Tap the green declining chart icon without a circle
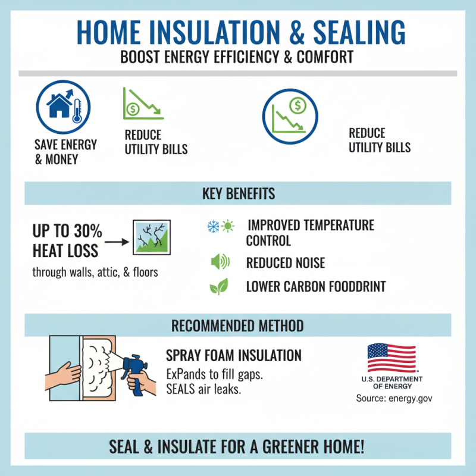(x=143, y=104)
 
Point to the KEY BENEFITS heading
(x=238, y=194)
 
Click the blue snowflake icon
(x=212, y=226)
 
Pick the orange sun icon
(x=228, y=226)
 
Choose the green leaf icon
(x=218, y=287)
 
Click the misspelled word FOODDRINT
(x=350, y=287)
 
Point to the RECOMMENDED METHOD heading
(x=238, y=326)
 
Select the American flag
(x=391, y=358)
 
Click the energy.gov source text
(x=394, y=398)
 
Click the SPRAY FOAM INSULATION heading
(x=234, y=356)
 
